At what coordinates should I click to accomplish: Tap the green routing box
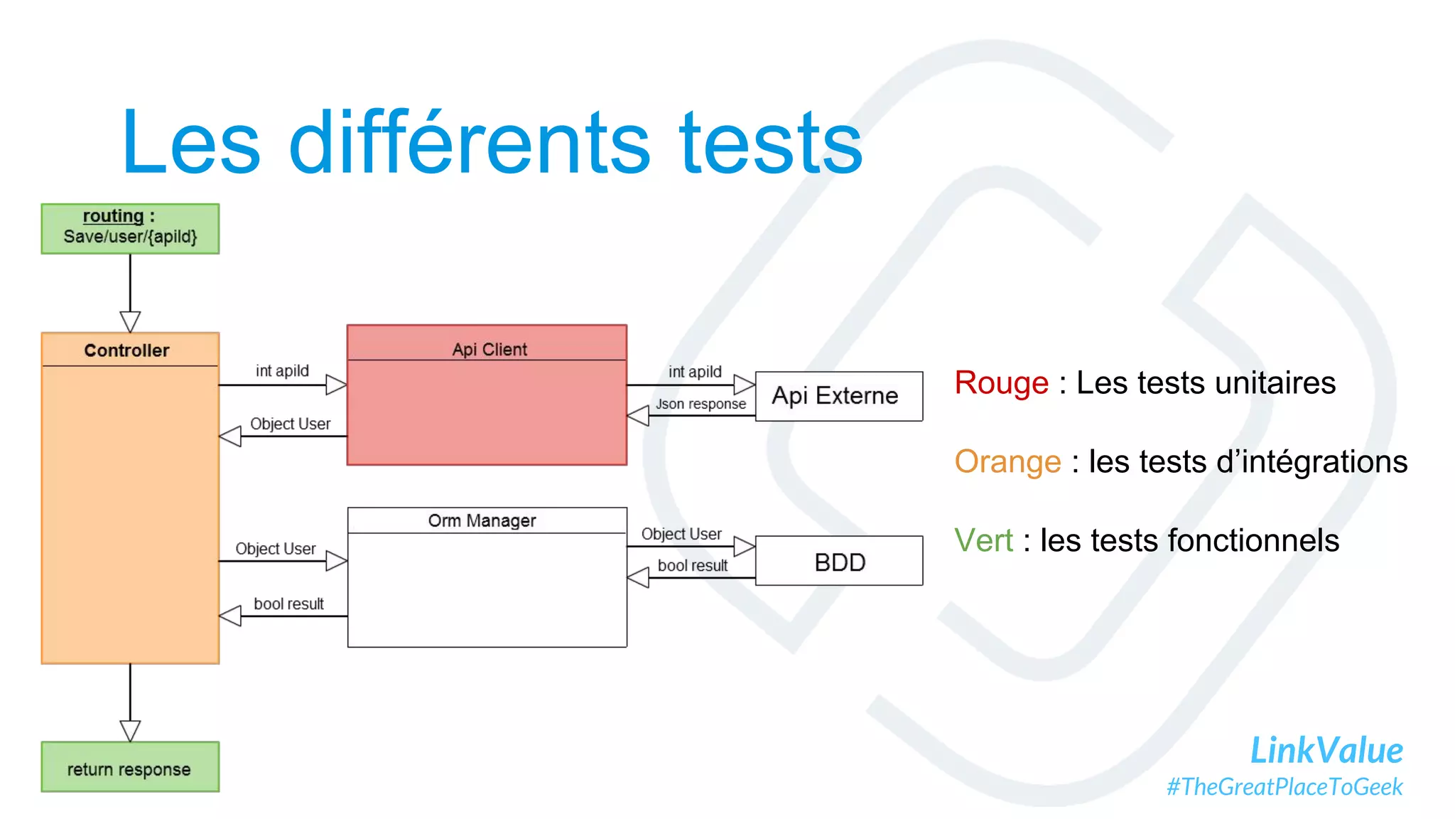coord(130,228)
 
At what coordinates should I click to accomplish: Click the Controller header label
coord(126,350)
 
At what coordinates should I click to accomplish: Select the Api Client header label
coord(489,349)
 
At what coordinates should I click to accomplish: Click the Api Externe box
coord(838,396)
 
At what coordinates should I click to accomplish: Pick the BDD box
coord(838,562)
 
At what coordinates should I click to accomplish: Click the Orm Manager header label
coord(482,520)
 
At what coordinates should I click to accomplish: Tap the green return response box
coord(130,768)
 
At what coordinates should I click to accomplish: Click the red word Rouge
coord(1000,383)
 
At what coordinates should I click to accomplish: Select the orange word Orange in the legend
coord(1007,462)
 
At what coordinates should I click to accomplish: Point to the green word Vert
coord(983,540)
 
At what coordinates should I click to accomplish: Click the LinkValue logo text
coord(1326,750)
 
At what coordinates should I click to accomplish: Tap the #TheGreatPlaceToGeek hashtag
coord(1284,787)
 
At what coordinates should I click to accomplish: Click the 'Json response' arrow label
coord(701,404)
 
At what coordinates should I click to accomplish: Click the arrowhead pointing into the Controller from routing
coord(130,321)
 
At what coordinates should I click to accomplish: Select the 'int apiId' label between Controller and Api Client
coord(282,370)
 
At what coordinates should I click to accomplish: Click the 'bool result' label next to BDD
coord(692,565)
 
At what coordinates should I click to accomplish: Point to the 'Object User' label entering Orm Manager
coord(275,549)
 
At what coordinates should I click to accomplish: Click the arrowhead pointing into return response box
coord(130,731)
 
